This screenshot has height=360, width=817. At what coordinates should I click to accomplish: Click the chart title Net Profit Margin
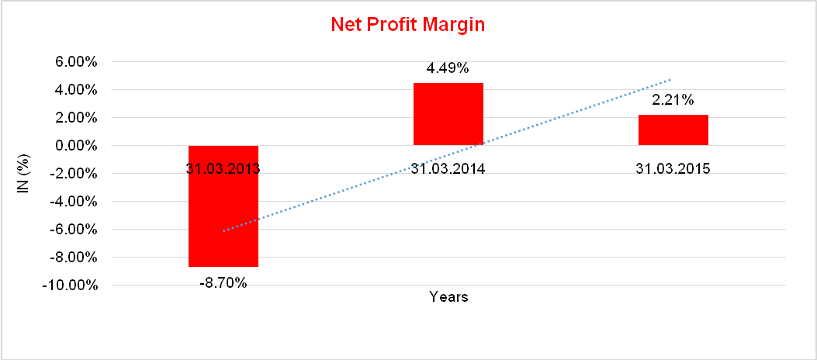coord(407,24)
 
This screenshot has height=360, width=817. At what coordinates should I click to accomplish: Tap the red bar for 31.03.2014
coord(448,113)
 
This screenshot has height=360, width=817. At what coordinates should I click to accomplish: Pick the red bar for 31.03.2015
coord(673,130)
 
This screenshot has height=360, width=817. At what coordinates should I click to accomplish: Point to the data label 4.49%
coord(448,68)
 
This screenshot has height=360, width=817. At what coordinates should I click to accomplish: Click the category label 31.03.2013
coord(223,168)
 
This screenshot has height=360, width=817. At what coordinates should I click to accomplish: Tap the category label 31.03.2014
coord(448,168)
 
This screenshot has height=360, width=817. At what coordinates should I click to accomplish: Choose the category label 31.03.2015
coord(673,168)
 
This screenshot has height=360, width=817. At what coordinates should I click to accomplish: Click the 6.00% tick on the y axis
coord(76,62)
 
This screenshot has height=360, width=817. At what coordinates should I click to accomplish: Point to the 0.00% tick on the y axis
coord(76,146)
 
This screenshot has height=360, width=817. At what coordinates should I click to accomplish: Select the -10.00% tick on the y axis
coord(71,286)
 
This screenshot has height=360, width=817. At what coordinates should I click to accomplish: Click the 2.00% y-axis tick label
coord(76,118)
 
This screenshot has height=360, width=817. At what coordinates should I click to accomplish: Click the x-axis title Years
coord(448,297)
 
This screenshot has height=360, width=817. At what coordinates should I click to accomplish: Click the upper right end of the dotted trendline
coord(670,79)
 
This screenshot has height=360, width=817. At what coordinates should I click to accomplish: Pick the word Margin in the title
coord(455,24)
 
